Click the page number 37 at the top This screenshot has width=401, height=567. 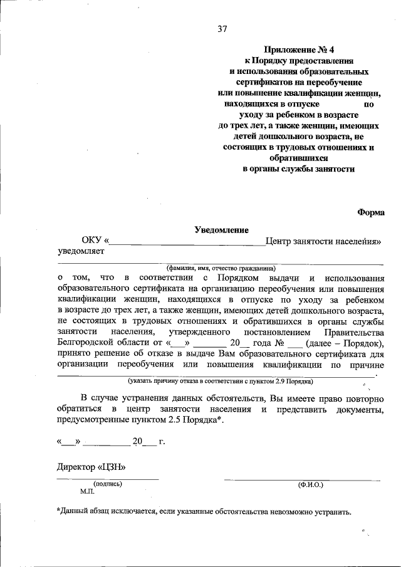click(222, 28)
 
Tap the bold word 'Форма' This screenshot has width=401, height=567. click(371, 212)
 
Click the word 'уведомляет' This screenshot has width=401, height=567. click(80, 252)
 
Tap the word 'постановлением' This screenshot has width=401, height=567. click(265, 331)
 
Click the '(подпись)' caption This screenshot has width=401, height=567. click(108, 484)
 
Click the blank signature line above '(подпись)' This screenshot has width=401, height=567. click(108, 479)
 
